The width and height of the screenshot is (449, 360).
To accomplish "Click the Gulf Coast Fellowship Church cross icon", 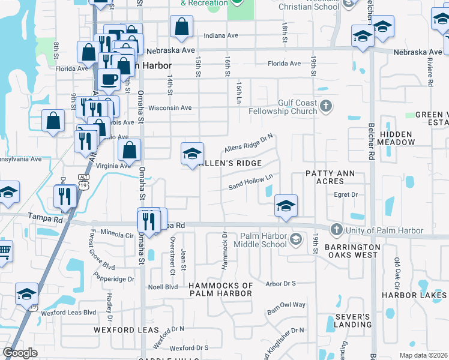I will [x=326, y=107].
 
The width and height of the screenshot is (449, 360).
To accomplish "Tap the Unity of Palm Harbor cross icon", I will [x=336, y=230].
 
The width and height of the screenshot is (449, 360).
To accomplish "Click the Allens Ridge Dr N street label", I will [x=249, y=143].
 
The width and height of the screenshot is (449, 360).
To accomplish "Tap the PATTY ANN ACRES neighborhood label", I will [x=330, y=178].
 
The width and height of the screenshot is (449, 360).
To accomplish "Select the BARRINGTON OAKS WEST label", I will [x=352, y=251].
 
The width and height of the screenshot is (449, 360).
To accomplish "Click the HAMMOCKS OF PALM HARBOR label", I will [x=221, y=289].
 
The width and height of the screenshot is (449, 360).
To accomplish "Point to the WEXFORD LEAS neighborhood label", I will [x=121, y=330].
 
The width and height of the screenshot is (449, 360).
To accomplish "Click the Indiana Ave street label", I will [x=221, y=36].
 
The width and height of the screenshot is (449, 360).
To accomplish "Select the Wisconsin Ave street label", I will [x=169, y=108].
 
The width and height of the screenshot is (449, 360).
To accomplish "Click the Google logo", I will [x=20, y=353].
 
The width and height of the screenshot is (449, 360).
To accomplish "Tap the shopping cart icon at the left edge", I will [x=3, y=251].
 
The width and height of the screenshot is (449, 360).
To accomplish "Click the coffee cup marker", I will [x=109, y=80].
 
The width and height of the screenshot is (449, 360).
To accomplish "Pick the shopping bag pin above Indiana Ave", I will [x=181, y=27].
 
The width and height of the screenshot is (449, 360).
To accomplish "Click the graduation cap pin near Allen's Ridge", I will [x=192, y=154].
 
